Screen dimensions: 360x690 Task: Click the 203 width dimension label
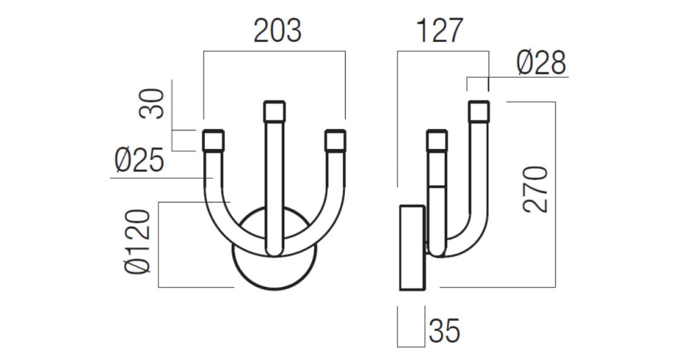(x=277, y=31)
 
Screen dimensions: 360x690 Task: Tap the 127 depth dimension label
(x=439, y=31)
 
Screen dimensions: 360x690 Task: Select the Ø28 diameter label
(x=542, y=63)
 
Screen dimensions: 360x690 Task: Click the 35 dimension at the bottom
(x=444, y=332)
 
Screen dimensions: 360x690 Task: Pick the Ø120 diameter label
(x=137, y=242)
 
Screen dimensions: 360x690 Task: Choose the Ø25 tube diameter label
(x=139, y=161)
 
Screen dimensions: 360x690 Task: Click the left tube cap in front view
(x=213, y=141)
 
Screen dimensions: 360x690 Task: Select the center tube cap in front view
(x=275, y=112)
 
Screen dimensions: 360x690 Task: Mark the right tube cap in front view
(x=335, y=141)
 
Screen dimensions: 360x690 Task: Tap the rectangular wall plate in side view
(x=412, y=246)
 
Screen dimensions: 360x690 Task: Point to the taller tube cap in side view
(x=478, y=112)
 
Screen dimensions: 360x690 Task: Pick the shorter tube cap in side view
(x=437, y=141)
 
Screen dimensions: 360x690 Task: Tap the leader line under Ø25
(x=159, y=179)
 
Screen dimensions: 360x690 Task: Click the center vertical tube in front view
(x=275, y=186)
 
